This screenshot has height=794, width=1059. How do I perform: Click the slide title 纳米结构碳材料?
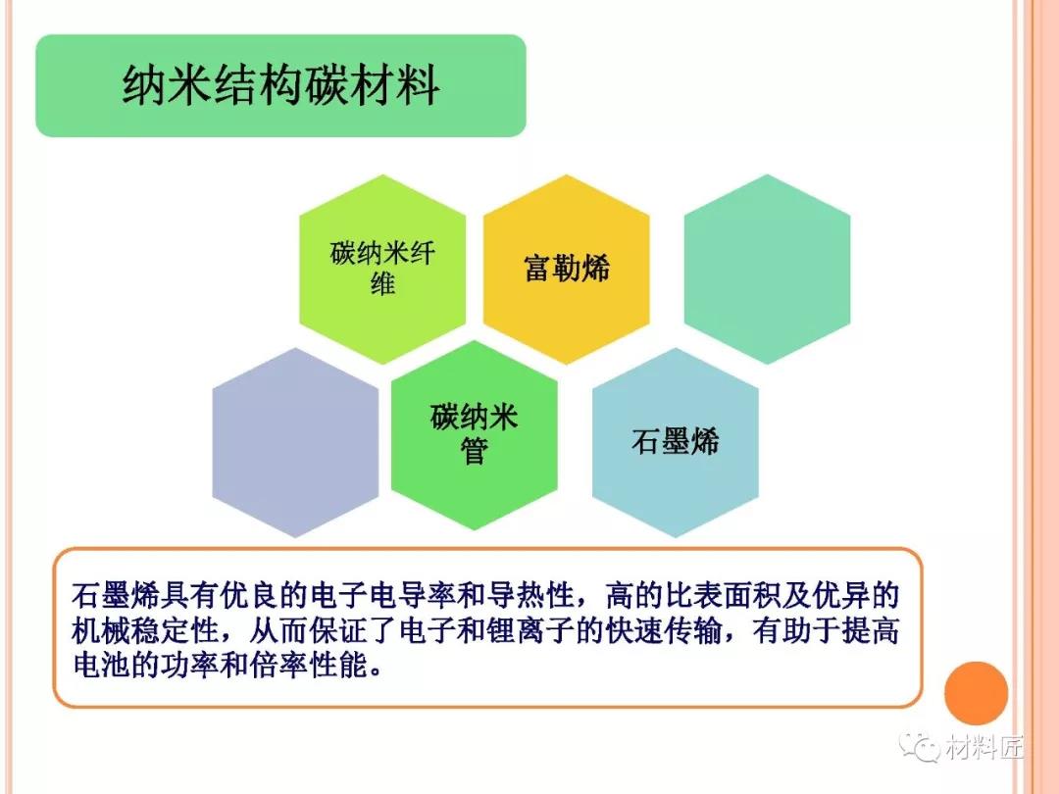pos(281,85)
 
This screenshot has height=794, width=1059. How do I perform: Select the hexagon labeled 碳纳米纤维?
pos(383,269)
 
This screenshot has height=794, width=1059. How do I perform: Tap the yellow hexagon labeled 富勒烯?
pos(567,269)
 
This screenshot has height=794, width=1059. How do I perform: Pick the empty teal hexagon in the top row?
pos(767,269)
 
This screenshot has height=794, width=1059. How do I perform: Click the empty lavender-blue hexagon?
pos(295,442)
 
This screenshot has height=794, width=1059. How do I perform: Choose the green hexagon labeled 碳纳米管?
pos(475,435)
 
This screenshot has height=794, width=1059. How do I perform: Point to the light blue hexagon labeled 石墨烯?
pos(676,442)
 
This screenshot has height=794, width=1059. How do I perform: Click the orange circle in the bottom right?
pos(976,693)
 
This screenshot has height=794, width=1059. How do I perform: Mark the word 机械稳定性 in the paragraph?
pos(145,630)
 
